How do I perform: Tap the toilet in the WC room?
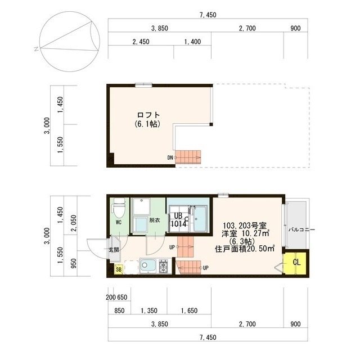(x=119, y=208)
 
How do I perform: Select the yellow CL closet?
(x=296, y=263)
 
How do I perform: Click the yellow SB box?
(x=119, y=269)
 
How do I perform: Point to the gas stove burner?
(x=164, y=267)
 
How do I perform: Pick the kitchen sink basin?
(x=148, y=266)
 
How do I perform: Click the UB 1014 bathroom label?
(x=178, y=220)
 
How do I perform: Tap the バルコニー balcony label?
(x=301, y=229)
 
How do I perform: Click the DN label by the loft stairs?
(x=170, y=157)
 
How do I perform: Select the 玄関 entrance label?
(x=114, y=250)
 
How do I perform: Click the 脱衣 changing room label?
(x=155, y=220)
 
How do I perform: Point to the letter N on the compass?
(x=36, y=49)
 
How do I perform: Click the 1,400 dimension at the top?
(x=192, y=42)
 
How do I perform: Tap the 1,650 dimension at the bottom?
(x=189, y=310)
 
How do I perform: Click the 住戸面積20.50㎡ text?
(x=245, y=249)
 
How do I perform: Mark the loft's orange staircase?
(x=188, y=157)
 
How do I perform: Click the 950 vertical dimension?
(x=74, y=263)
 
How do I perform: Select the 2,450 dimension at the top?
(x=141, y=42)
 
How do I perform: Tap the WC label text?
(x=119, y=222)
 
